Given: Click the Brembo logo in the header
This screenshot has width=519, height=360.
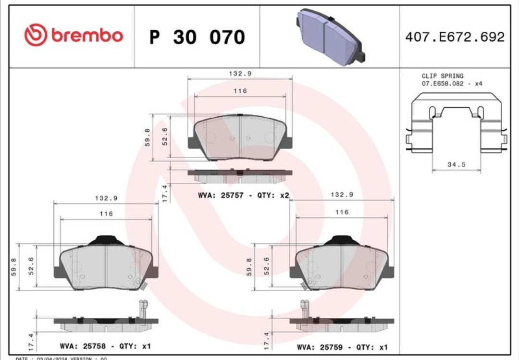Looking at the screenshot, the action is point(74,36).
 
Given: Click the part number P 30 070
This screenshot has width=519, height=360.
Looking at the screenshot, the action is point(197,37).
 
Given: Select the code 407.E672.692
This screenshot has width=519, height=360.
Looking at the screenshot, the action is point(455,37).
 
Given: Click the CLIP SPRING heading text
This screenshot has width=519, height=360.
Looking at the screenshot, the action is point(443,76).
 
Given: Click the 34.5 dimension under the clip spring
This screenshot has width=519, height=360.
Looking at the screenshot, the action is point(457,164).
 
